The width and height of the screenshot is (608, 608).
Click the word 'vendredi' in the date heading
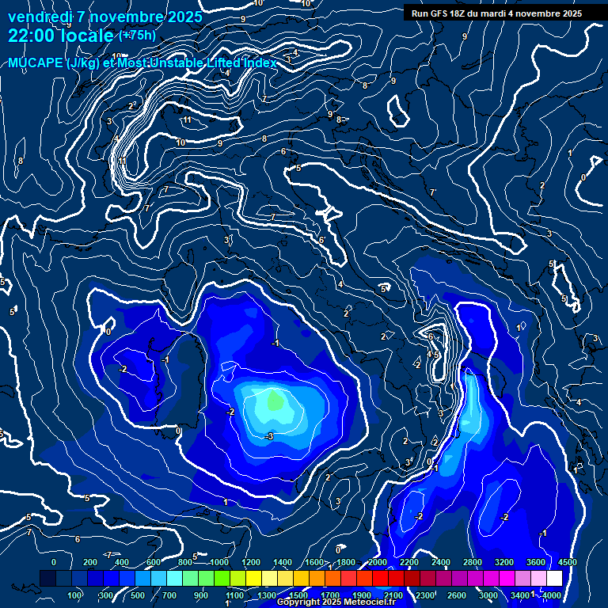click(39, 17)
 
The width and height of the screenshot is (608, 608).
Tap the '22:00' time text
click(32, 36)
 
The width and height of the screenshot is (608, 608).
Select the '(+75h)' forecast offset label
click(137, 36)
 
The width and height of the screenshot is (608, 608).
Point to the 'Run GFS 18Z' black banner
click(496, 13)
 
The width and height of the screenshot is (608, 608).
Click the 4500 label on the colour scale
click(567, 562)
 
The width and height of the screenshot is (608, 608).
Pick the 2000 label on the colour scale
click(378, 562)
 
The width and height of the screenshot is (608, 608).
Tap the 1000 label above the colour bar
click(219, 562)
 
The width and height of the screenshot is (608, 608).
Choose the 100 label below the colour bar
click(75, 595)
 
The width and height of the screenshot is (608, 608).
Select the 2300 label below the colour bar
click(425, 595)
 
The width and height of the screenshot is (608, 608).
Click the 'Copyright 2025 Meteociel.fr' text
click(336, 602)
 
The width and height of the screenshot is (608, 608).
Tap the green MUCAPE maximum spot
click(275, 401)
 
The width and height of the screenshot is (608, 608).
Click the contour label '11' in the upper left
click(188, 120)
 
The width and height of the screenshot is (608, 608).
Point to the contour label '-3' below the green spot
click(270, 436)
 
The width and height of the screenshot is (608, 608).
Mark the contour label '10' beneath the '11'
click(181, 142)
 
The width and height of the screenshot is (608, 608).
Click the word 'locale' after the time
click(89, 36)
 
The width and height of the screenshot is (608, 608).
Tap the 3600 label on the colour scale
click(536, 562)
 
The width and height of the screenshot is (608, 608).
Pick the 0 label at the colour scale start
click(54, 562)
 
